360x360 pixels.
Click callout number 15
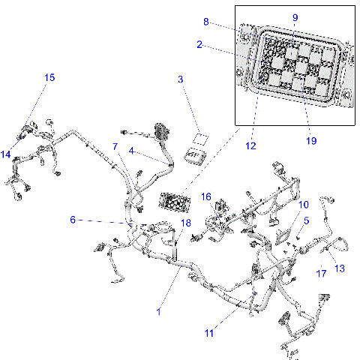point(49,77)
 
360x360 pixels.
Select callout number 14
point(6,155)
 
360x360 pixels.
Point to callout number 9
point(295,17)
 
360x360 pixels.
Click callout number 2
point(199,44)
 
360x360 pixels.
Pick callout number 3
point(181,79)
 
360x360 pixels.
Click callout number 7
point(115,146)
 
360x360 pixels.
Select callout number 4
point(130,151)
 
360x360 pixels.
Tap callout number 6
point(73,220)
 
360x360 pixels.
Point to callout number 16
point(205,196)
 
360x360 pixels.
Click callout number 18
point(186,223)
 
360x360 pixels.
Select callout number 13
point(339,268)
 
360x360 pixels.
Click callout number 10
point(304,204)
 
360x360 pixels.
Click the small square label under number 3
point(200,137)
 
